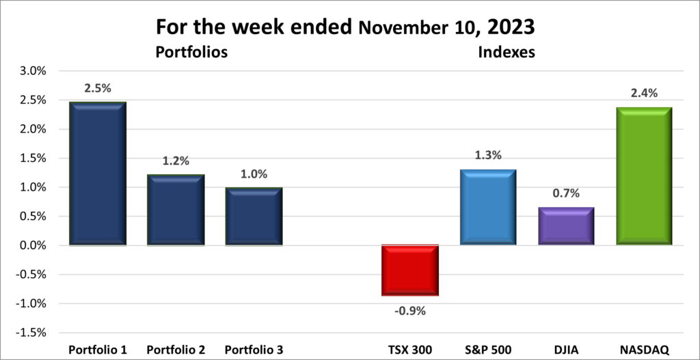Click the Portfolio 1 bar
(x=97, y=174)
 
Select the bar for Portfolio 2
(x=176, y=210)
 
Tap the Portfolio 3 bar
(x=254, y=216)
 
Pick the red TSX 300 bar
(x=409, y=271)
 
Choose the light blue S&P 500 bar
(x=487, y=207)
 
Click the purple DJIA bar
(x=566, y=226)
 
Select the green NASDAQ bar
(x=644, y=176)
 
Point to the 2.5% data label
(x=97, y=89)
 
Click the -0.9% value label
(x=409, y=311)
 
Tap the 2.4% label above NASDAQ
(x=644, y=93)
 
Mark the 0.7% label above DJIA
(x=566, y=193)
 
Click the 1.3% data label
(x=487, y=155)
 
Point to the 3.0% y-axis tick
(x=34, y=71)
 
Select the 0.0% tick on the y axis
(x=34, y=245)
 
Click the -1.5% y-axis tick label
(x=32, y=333)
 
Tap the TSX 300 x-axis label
(x=409, y=350)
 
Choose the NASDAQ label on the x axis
(x=644, y=350)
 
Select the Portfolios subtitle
(x=191, y=52)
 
